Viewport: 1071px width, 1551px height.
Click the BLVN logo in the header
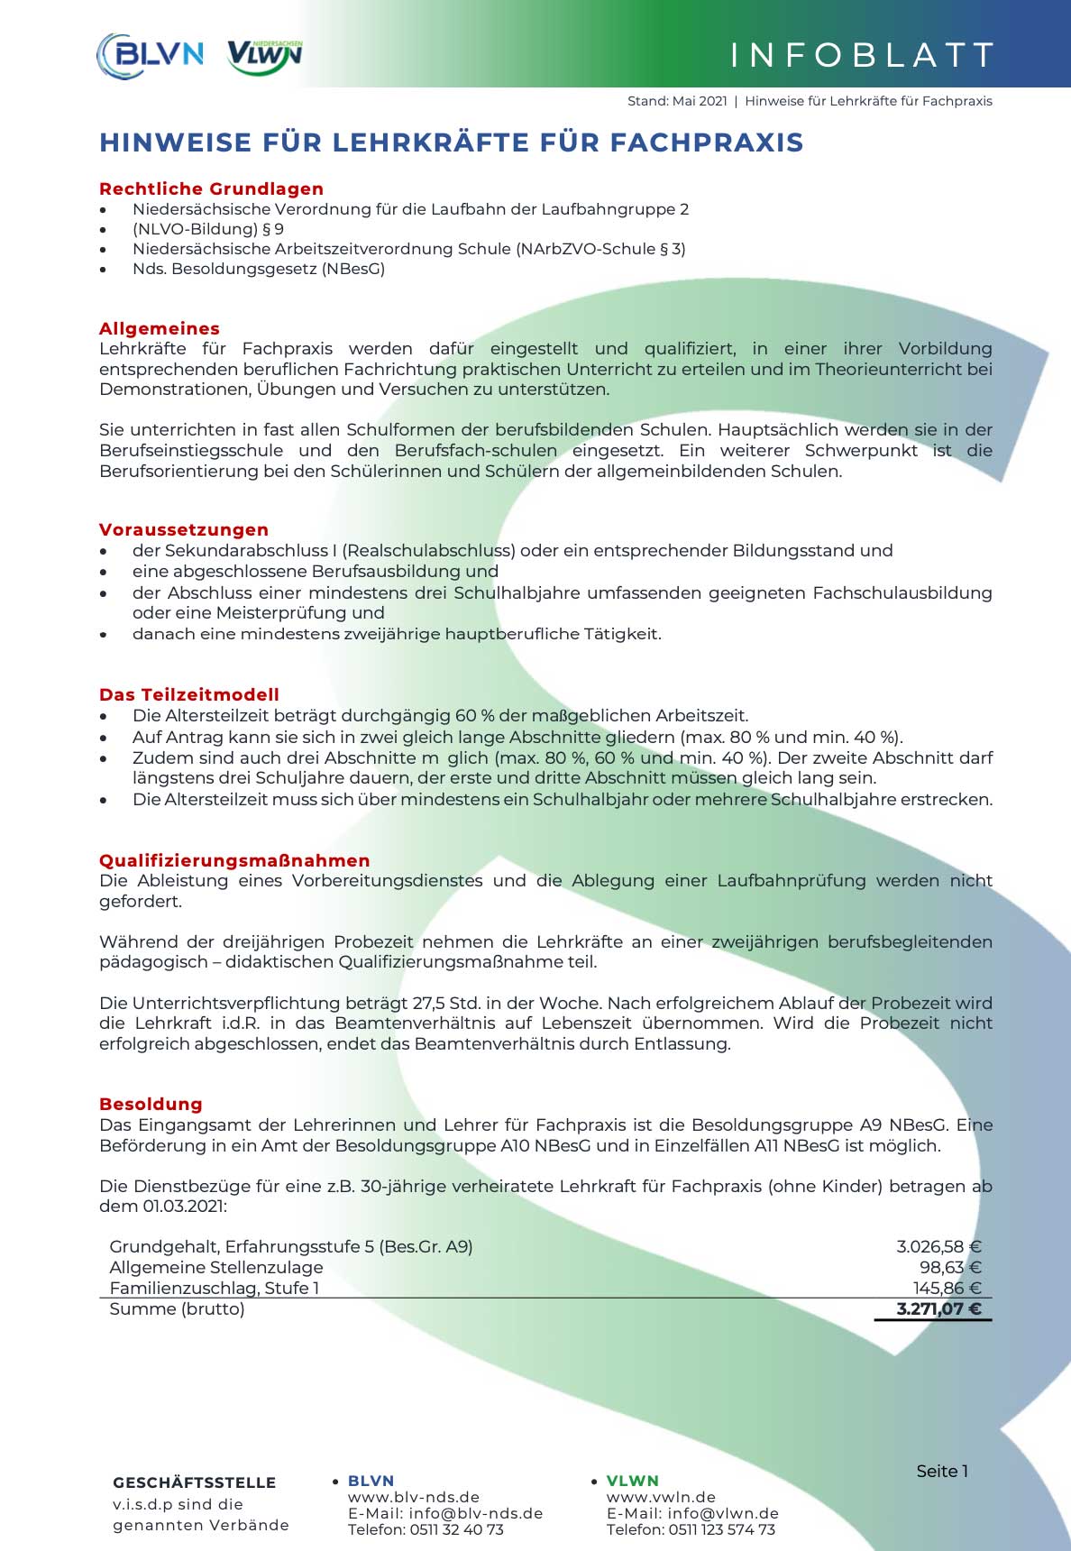click(150, 54)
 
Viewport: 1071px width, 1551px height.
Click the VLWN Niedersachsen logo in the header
click(264, 56)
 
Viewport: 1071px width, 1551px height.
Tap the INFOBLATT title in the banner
click(862, 55)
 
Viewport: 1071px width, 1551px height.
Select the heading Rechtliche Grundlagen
click(211, 188)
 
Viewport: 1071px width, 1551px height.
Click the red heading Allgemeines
click(160, 328)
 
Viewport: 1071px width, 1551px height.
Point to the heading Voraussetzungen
click(184, 529)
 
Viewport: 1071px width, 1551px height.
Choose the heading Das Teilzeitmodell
click(189, 694)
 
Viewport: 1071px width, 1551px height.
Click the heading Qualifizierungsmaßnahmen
click(234, 860)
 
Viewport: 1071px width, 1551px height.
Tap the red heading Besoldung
click(151, 1104)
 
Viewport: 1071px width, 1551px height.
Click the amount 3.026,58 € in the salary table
click(938, 1247)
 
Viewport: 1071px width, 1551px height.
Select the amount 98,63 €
click(950, 1268)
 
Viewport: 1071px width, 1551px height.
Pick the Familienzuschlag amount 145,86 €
click(947, 1289)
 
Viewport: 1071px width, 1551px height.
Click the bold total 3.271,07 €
click(938, 1309)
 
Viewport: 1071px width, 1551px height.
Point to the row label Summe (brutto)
click(177, 1309)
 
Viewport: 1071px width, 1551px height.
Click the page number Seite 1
click(942, 1472)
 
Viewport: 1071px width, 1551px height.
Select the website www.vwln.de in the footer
click(661, 1498)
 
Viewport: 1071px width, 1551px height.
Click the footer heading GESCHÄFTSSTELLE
click(195, 1483)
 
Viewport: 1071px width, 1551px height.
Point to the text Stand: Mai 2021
click(677, 101)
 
